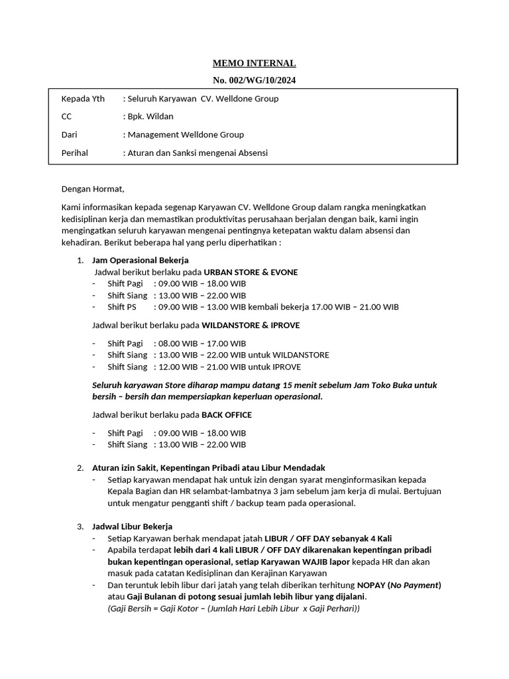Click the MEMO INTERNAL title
[254, 64]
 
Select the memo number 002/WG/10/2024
[254, 80]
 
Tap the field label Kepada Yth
[83, 99]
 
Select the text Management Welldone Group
[186, 135]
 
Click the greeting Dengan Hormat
[93, 189]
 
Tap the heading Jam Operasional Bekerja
[141, 259]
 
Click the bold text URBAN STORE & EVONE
[251, 272]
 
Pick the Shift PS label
[121, 307]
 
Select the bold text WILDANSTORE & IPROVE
[251, 325]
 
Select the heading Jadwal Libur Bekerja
[132, 526]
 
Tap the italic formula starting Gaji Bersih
[233, 609]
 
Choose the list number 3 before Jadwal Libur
[80, 526]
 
